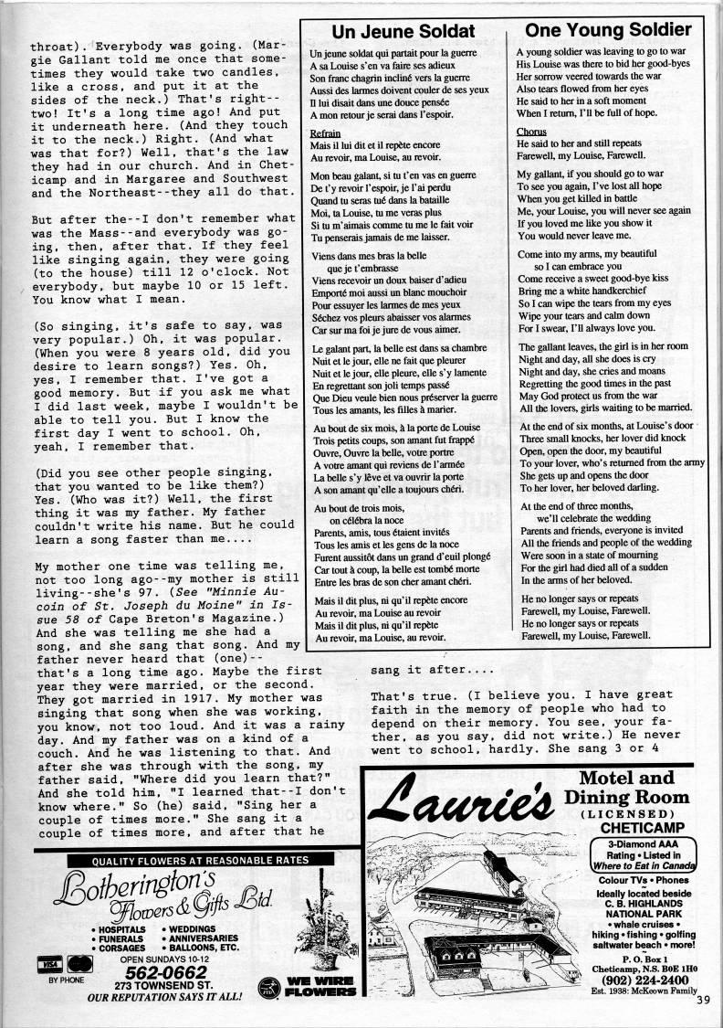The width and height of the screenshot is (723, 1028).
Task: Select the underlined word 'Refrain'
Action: click(x=326, y=133)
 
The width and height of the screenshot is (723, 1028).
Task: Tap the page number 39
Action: click(x=701, y=1000)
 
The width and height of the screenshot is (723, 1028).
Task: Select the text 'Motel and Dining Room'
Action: click(x=634, y=788)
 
